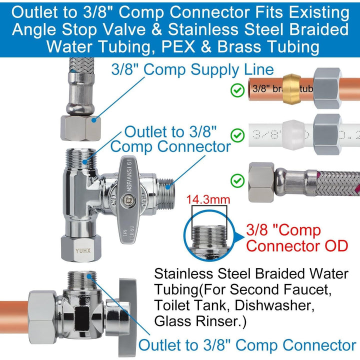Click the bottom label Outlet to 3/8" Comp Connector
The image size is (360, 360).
247,345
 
